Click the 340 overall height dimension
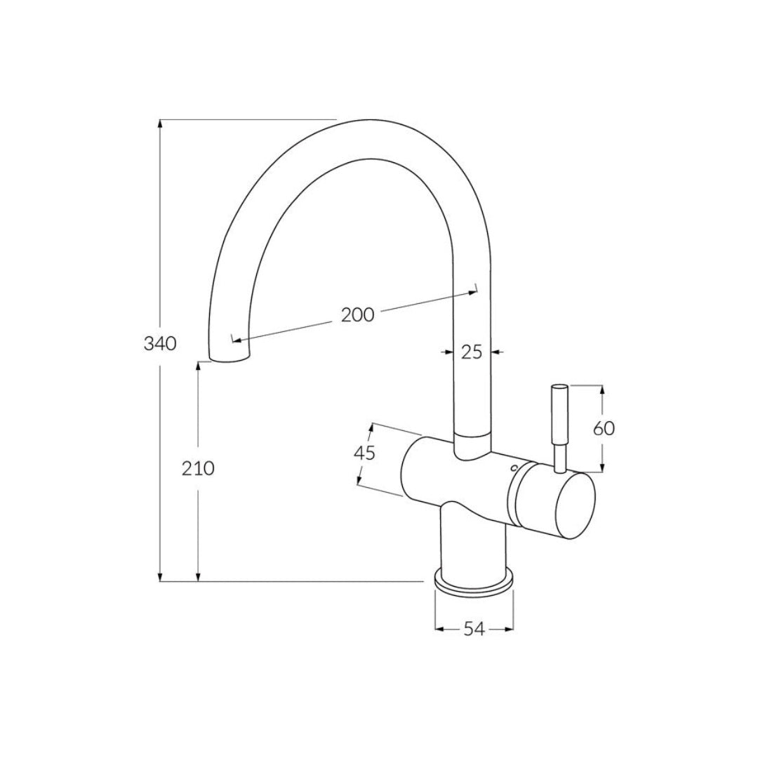pos(159,344)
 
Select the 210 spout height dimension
pos(199,468)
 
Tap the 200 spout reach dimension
pos(357,315)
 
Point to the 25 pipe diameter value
pos(472,352)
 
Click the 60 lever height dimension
pos(604,428)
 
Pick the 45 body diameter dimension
pos(364,453)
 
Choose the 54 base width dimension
pos(474,630)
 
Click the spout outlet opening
pos(229,359)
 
